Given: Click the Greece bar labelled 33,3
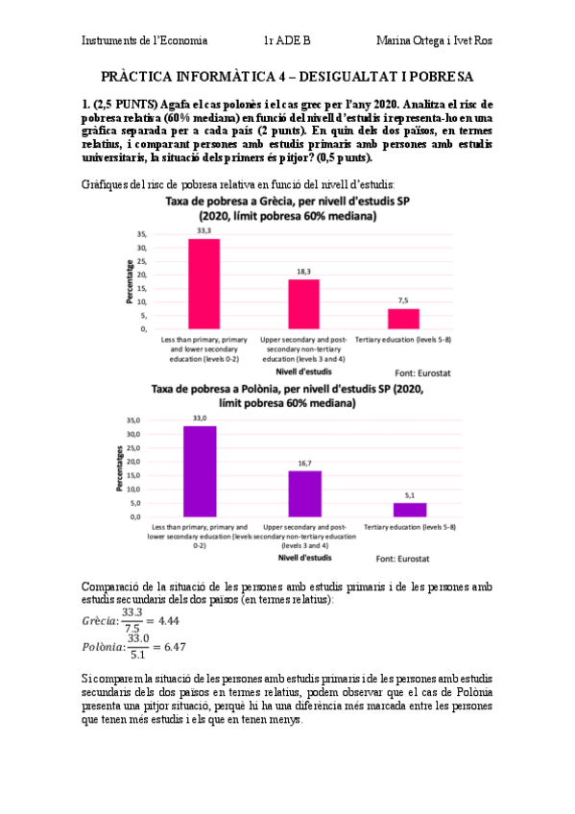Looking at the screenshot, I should pos(204,283).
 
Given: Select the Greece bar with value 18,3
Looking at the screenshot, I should pos(304,303).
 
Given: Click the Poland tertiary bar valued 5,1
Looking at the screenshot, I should pos(410,509).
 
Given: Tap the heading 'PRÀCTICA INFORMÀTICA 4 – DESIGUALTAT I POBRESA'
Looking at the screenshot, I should pos(287,77).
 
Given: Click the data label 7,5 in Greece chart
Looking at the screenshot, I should pos(403,300).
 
